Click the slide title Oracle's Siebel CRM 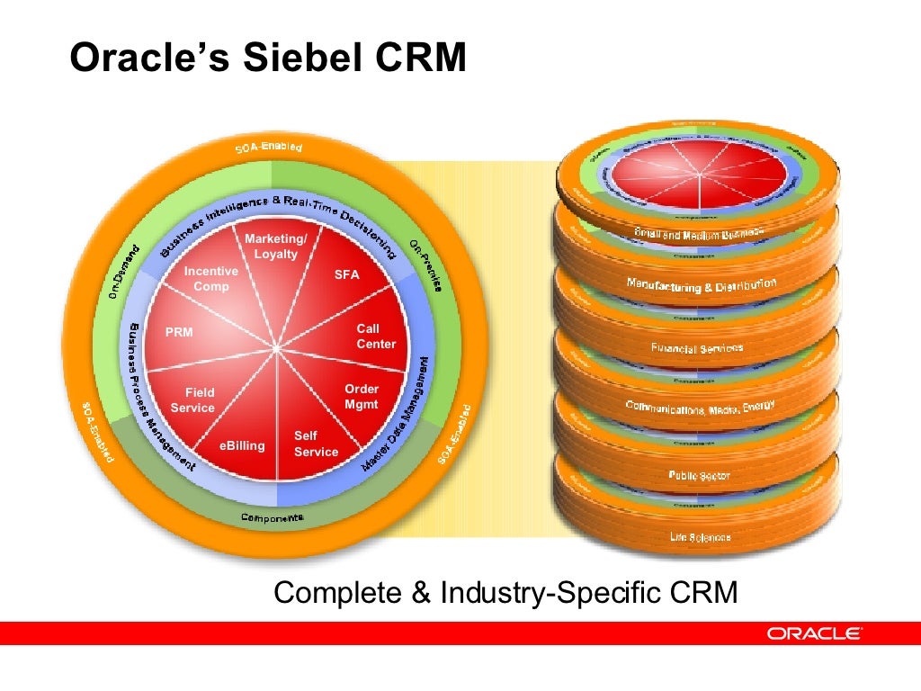[268, 58]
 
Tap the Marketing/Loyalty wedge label [276, 247]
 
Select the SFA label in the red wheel [347, 274]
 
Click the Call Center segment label [376, 337]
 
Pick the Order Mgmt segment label [362, 397]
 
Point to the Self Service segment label [316, 444]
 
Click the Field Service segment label [193, 400]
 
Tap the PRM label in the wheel [179, 332]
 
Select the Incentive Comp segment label [211, 278]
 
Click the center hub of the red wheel [276, 347]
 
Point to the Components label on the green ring [273, 518]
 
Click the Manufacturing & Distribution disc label [702, 285]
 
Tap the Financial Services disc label [698, 347]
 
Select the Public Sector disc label [699, 474]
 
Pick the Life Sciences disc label [700, 537]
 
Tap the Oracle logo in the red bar [814, 633]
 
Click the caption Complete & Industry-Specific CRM [505, 593]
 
